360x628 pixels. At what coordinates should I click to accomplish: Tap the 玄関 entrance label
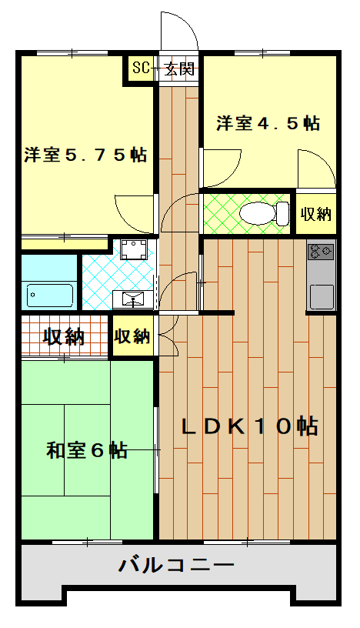[179, 68]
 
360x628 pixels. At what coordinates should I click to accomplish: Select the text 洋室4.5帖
[268, 123]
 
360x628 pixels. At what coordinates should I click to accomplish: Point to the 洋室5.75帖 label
[85, 154]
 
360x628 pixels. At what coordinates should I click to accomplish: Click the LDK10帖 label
[250, 426]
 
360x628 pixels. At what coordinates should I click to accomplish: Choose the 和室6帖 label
[87, 450]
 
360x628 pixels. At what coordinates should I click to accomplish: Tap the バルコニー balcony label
[176, 566]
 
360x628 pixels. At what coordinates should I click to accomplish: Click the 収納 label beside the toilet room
[315, 213]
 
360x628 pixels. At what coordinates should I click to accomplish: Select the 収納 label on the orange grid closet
[64, 336]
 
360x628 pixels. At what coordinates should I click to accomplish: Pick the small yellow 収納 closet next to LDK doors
[132, 336]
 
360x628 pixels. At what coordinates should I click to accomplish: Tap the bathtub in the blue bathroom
[48, 293]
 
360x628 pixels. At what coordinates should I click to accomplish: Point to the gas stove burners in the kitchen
[321, 251]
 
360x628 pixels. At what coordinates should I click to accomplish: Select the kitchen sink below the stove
[321, 295]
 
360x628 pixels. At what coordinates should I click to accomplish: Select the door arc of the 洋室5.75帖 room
[135, 214]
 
